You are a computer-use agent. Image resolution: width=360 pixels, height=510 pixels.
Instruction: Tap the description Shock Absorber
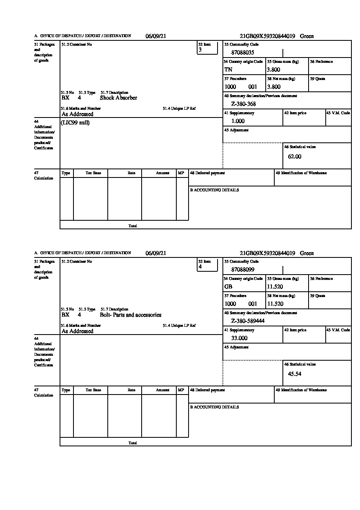pos(118,98)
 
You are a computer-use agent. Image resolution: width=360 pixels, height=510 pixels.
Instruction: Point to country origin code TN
pos(228,70)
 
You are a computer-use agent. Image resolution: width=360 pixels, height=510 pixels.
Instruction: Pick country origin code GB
pos(228,287)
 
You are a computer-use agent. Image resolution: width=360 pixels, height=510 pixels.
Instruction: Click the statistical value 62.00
pos(295,157)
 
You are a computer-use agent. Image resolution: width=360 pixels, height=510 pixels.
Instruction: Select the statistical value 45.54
pos(295,374)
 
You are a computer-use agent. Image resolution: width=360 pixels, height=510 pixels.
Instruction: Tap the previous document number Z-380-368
pos(243,104)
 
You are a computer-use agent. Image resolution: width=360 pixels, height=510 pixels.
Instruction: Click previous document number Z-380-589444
pos(248,321)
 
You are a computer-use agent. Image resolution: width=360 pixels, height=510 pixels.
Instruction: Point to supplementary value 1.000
pos(238,121)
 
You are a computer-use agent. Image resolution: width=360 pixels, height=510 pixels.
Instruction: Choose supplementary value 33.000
pos(239,338)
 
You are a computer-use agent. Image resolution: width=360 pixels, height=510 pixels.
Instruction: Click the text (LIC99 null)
pos(76,123)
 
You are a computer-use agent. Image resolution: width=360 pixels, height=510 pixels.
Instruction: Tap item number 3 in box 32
pos(200,50)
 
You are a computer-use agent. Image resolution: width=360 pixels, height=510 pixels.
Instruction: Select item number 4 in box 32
pos(200,267)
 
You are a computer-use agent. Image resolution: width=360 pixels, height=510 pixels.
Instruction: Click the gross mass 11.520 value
pos(275,287)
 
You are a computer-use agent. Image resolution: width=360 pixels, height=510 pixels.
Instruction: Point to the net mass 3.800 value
pos(273,87)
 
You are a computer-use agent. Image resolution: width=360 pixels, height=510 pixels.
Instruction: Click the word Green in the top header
pos(307,36)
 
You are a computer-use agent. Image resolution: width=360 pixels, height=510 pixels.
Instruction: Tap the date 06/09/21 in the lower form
pos(156,253)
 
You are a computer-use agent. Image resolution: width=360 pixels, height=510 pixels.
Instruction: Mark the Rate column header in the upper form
pos(131,173)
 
